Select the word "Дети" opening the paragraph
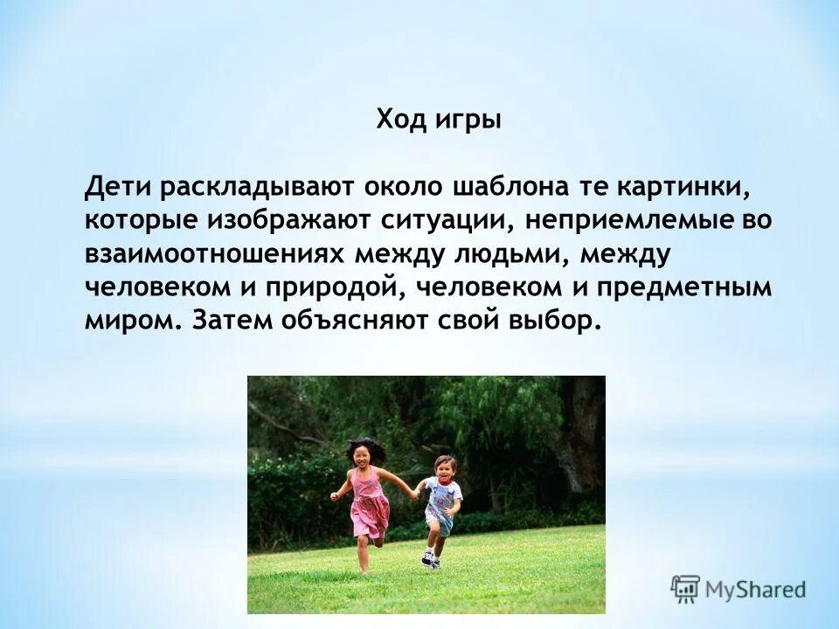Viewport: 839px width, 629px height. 116,187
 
